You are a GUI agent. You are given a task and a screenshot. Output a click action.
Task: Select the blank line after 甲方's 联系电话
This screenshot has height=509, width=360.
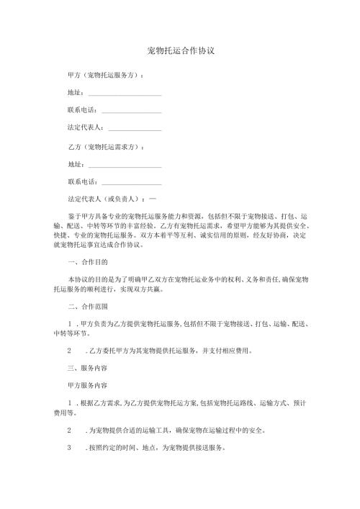coord(132,112)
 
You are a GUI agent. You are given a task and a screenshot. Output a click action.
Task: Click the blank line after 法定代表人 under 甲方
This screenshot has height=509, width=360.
coord(135,130)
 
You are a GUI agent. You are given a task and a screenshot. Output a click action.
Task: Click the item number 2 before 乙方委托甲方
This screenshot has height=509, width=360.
coord(68,351)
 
